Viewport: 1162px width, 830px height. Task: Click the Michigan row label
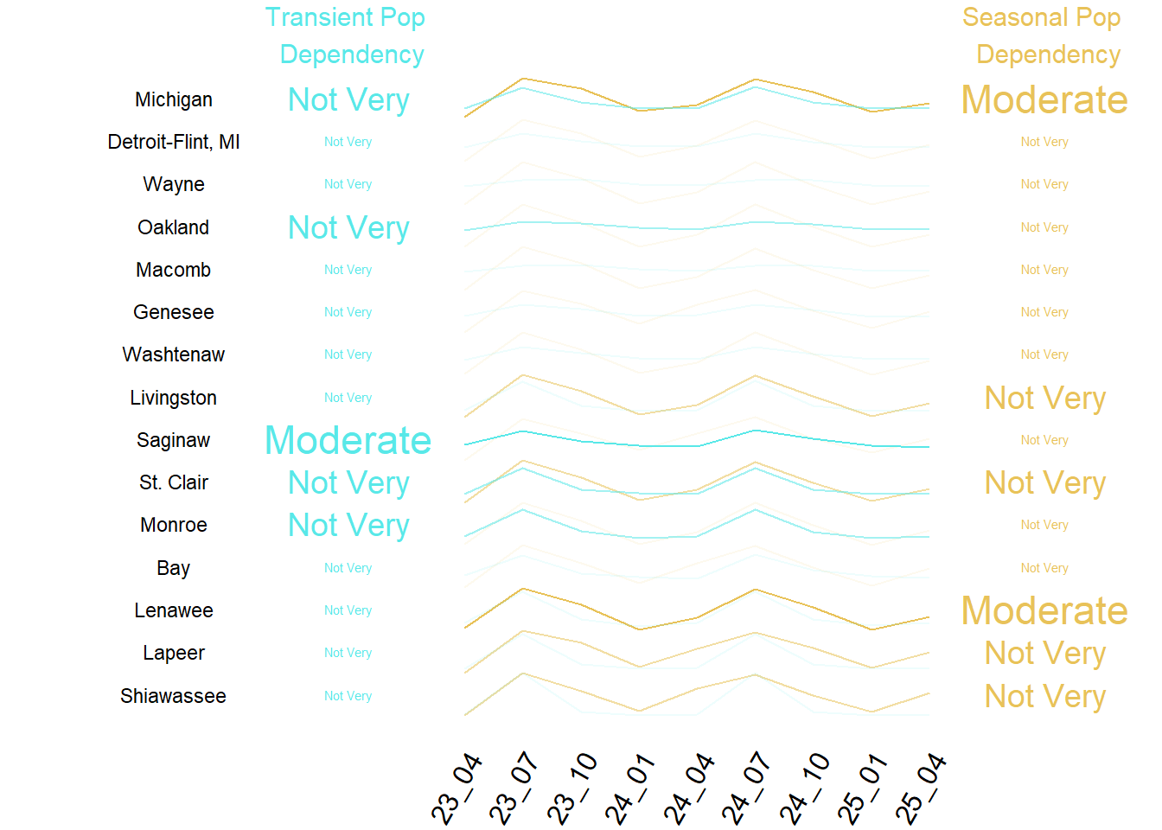tap(173, 99)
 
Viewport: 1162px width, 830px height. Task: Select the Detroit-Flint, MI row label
tap(173, 142)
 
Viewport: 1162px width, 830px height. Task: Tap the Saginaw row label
tap(173, 440)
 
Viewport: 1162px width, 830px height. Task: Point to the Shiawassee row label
tap(173, 696)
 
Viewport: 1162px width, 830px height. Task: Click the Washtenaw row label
tap(173, 354)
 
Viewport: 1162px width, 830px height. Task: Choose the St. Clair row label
tap(173, 482)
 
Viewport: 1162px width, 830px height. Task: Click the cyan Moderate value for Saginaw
tap(348, 440)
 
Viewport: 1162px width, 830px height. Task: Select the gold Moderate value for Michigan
tap(1044, 99)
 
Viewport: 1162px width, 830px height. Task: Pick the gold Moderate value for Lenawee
tap(1044, 610)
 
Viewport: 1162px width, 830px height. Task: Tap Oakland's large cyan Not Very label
tap(348, 227)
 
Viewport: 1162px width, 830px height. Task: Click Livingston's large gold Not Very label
tap(1045, 398)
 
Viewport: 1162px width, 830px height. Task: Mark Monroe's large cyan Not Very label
tap(348, 525)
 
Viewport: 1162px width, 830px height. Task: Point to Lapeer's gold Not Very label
tap(1045, 653)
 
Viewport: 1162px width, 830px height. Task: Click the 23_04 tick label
tap(456, 788)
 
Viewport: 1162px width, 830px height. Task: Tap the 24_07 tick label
tap(747, 788)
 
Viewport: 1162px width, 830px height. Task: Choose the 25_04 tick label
tap(921, 788)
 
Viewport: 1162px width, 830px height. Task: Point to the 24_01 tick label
tap(630, 788)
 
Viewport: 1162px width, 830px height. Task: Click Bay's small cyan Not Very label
tap(348, 568)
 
